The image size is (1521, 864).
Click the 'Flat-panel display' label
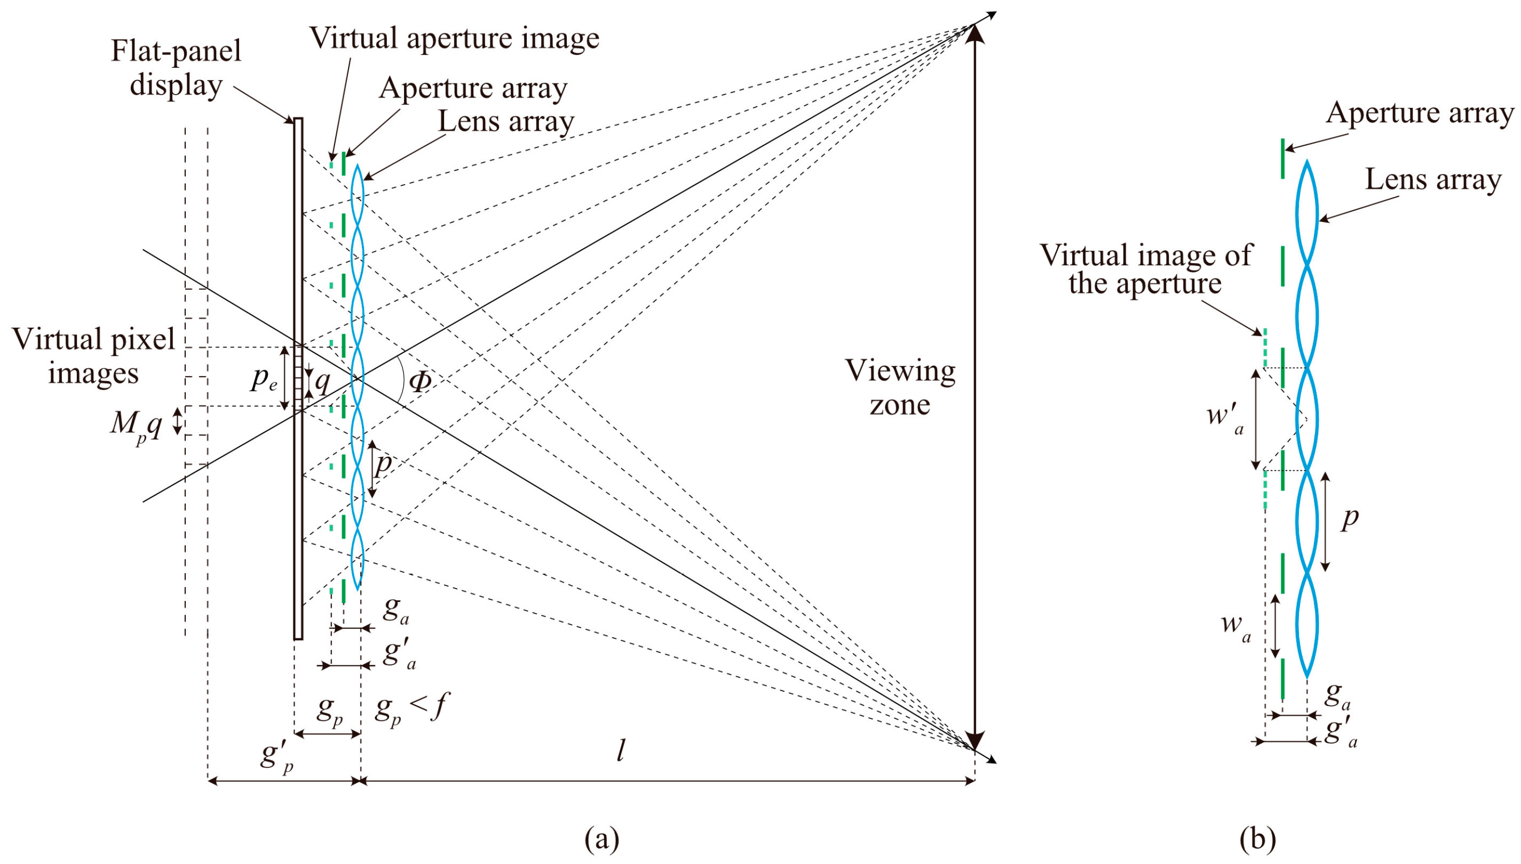coord(176,68)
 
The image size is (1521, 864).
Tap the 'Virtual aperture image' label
coord(454,38)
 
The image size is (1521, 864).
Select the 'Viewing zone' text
coord(900,387)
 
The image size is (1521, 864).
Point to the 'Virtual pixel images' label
coord(93,356)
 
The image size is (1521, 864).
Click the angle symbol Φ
coord(420,382)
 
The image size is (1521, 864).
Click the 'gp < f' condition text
coord(410,709)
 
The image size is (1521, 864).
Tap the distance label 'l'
coord(621,752)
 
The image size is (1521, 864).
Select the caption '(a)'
coord(602,838)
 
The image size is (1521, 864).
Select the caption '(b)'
coord(1257,838)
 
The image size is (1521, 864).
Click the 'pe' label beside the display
coord(264,378)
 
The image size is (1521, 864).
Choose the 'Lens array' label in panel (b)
coord(1432,179)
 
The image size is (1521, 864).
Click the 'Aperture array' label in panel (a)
coord(473,89)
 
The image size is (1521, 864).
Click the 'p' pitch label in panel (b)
coord(1350,518)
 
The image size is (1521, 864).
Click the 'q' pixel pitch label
coord(322,382)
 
